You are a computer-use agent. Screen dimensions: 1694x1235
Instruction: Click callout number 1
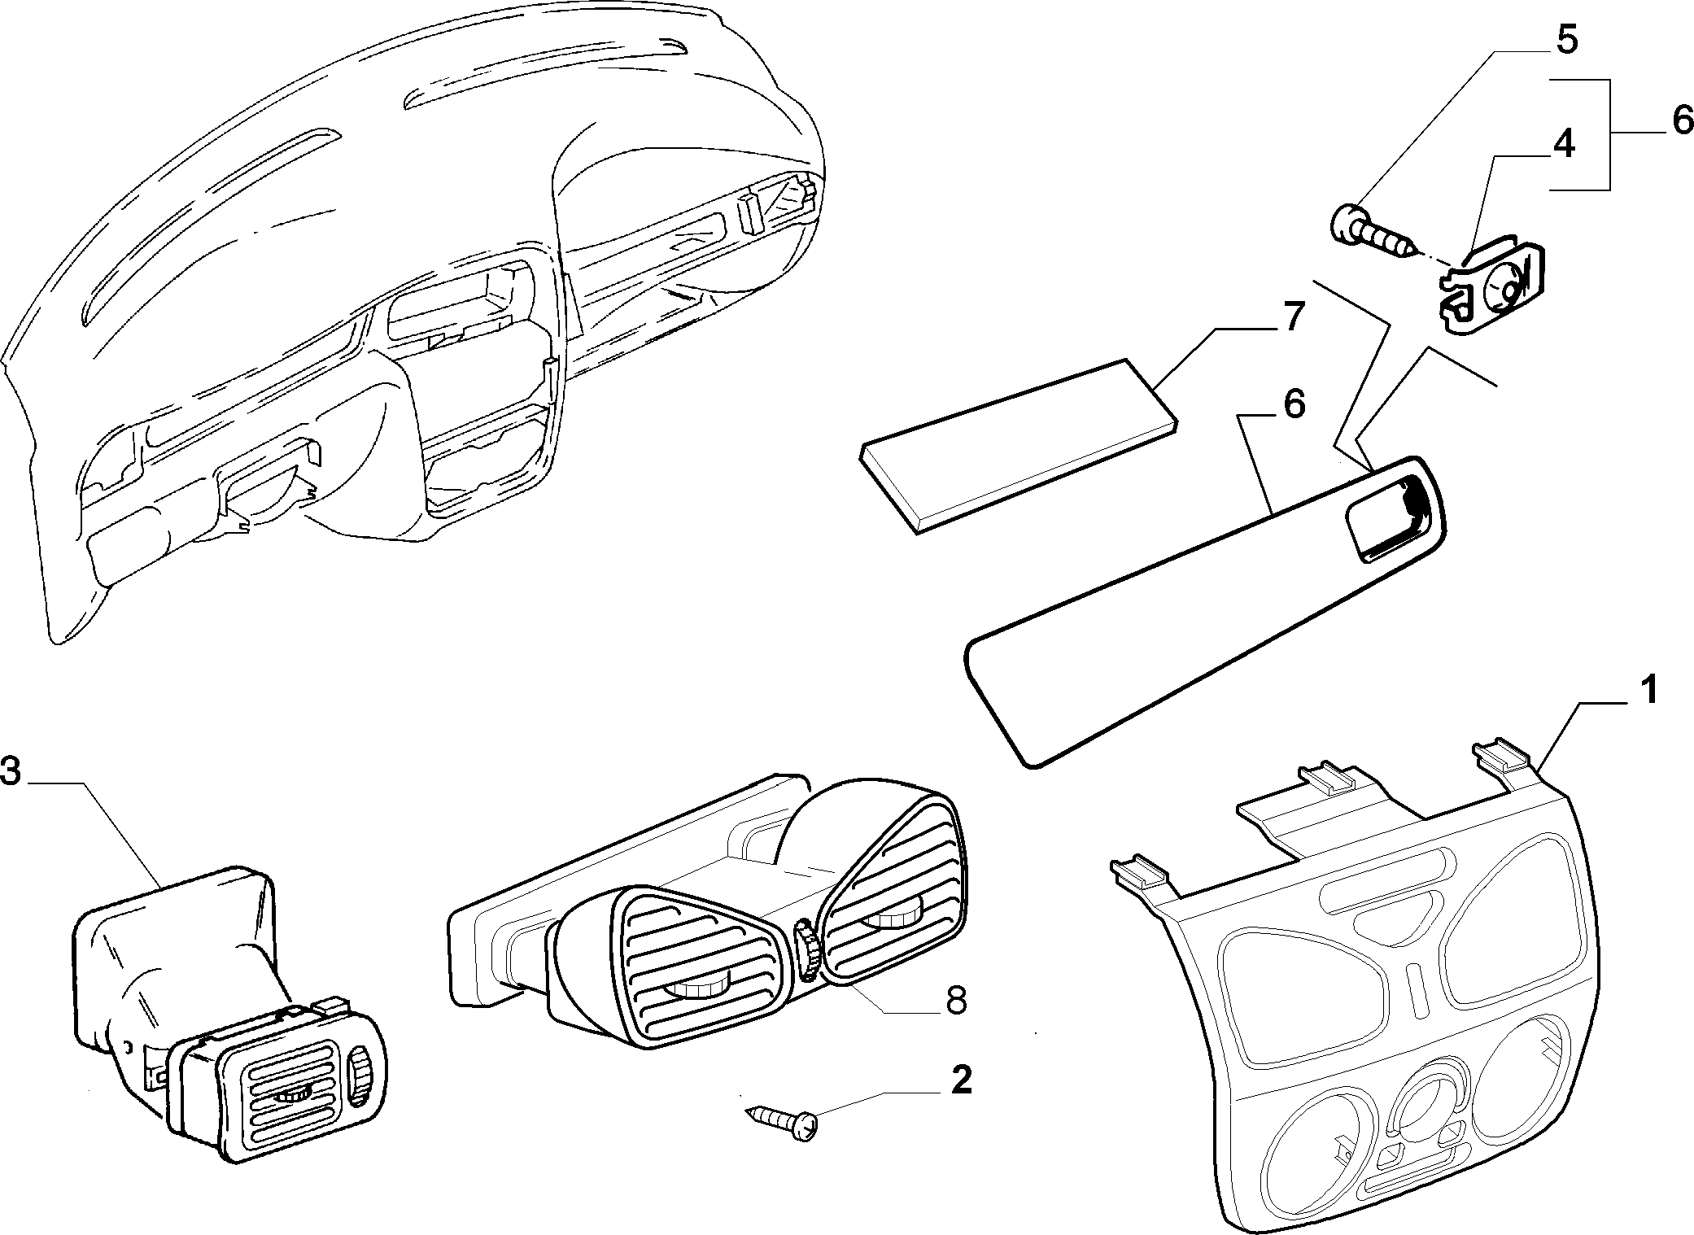1648,692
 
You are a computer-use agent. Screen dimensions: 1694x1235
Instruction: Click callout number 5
1566,38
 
